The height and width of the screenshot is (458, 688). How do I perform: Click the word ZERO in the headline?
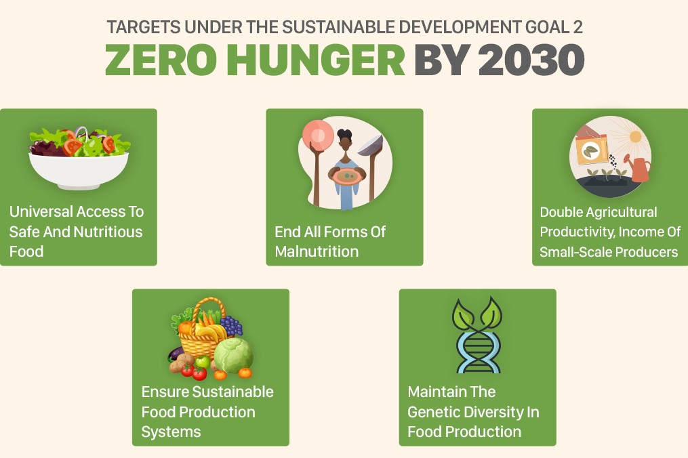click(x=161, y=60)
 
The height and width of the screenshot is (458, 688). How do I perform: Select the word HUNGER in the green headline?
click(x=316, y=60)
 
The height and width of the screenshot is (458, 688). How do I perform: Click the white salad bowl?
click(x=79, y=170)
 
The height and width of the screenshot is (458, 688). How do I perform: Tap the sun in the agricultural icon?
click(x=635, y=137)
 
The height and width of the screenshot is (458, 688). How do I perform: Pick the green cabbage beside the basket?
click(x=233, y=356)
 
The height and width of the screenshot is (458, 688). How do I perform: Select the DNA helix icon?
click(x=477, y=335)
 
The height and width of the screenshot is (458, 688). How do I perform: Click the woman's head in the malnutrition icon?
click(x=345, y=139)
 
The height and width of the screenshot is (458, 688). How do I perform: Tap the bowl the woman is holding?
click(x=347, y=176)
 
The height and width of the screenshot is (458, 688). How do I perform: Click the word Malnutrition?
click(x=317, y=251)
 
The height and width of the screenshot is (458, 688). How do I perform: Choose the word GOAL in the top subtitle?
click(x=547, y=27)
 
